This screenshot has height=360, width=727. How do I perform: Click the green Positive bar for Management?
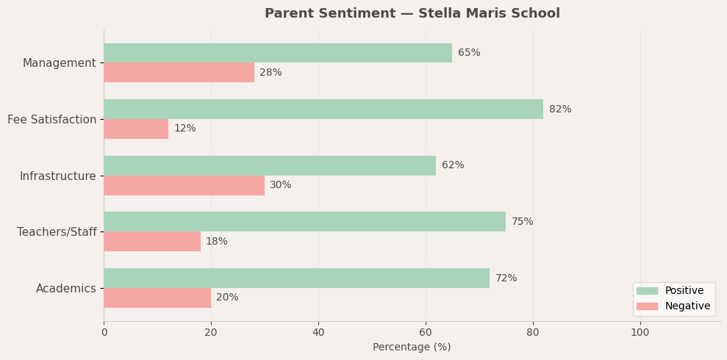point(278,53)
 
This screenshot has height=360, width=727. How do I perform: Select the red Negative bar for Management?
point(179,73)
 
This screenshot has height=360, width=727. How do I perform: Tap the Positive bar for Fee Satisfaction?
point(323,109)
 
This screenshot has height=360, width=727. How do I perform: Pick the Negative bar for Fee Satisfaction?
point(136,129)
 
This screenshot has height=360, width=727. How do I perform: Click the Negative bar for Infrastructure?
point(184,185)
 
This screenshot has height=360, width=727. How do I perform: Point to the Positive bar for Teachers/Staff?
point(304,222)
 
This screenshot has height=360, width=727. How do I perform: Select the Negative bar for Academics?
point(157,298)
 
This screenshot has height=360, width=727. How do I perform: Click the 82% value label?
point(560,109)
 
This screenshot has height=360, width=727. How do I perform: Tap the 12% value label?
point(185,129)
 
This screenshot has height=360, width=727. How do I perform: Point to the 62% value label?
point(453,165)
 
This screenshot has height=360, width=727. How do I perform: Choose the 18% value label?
point(217,242)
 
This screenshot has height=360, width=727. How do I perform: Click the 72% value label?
point(506,278)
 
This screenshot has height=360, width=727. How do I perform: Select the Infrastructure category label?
point(58,176)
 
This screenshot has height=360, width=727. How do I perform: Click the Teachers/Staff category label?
point(57,232)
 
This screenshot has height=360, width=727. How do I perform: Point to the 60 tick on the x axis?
point(426,332)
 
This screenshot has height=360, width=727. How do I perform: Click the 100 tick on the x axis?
point(640,332)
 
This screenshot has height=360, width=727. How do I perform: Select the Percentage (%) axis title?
point(412,347)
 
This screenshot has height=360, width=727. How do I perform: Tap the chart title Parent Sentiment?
point(412,13)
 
